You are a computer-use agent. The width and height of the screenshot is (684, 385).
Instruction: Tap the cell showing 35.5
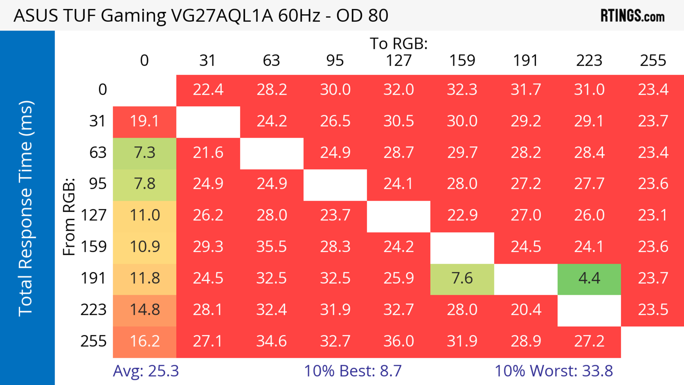(272, 247)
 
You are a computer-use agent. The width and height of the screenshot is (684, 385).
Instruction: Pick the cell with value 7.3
(145, 153)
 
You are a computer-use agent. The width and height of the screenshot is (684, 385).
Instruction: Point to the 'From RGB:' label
(69, 217)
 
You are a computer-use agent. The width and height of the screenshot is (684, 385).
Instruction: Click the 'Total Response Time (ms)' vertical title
(26, 209)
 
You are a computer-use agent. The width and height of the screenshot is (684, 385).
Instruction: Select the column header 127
(399, 61)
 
